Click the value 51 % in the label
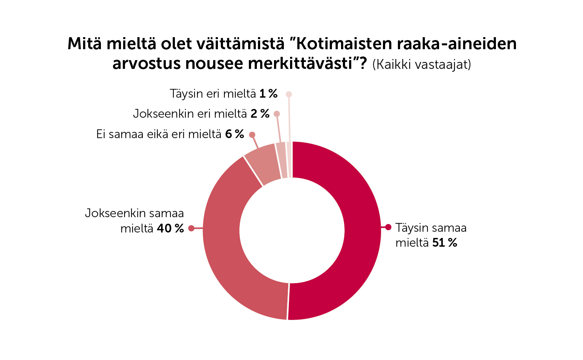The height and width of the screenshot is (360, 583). [445, 243]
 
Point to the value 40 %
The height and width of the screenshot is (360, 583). [170, 228]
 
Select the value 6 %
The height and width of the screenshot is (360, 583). [234, 134]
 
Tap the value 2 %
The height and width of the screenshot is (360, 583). [260, 114]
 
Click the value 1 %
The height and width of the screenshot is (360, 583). [269, 94]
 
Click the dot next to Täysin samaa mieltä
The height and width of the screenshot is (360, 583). [388, 227]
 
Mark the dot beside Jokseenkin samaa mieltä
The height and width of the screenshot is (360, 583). [191, 228]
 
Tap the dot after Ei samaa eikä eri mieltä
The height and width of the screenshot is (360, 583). [252, 135]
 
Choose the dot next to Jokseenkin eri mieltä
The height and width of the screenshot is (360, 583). [277, 114]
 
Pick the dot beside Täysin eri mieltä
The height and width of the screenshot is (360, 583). [289, 94]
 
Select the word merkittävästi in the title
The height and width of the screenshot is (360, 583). [302, 64]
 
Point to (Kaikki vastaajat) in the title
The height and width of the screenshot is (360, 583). [422, 64]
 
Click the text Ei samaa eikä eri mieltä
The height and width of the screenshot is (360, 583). [159, 134]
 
